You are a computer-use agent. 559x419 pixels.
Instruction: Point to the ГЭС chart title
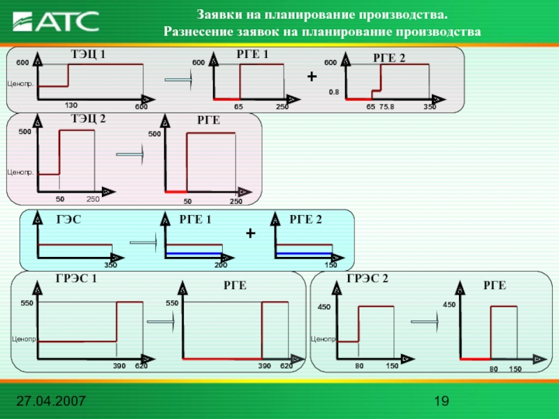tap(68, 220)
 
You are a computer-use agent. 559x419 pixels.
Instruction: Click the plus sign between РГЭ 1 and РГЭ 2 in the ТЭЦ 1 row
tap(312, 75)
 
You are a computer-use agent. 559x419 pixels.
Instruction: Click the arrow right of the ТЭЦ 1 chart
tap(178, 81)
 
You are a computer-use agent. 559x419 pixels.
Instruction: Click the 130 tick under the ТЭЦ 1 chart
tap(71, 105)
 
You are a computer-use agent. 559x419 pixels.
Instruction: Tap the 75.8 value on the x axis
tap(386, 107)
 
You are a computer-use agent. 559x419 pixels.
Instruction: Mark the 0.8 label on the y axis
tap(334, 91)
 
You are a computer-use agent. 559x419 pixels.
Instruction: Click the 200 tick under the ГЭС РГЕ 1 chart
tap(221, 265)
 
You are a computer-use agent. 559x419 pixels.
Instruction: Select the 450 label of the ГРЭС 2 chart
tap(324, 307)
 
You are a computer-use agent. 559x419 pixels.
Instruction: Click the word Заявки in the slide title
tap(219, 15)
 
